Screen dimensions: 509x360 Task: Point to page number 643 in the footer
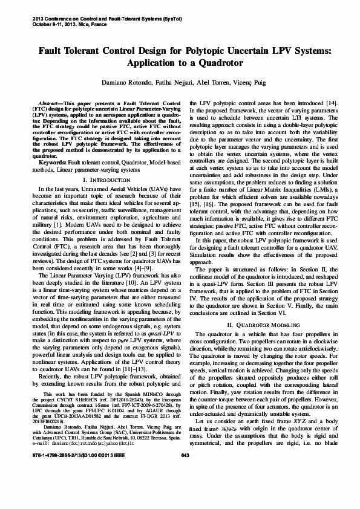185,489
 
